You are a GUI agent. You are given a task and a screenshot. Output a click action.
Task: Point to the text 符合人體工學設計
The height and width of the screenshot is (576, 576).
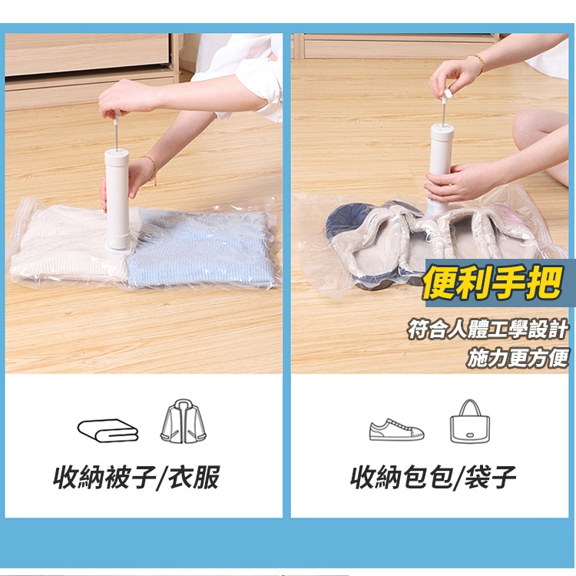tap(488, 330)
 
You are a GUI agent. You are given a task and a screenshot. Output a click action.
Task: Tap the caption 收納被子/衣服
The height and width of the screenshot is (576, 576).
tap(137, 478)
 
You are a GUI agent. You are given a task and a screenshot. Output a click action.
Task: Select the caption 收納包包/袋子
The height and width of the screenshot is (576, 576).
tap(433, 478)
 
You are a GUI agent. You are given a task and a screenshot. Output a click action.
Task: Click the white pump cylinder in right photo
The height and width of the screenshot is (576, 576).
tap(443, 161)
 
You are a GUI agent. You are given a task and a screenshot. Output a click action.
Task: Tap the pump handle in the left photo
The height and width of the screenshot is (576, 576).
tap(116, 114)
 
